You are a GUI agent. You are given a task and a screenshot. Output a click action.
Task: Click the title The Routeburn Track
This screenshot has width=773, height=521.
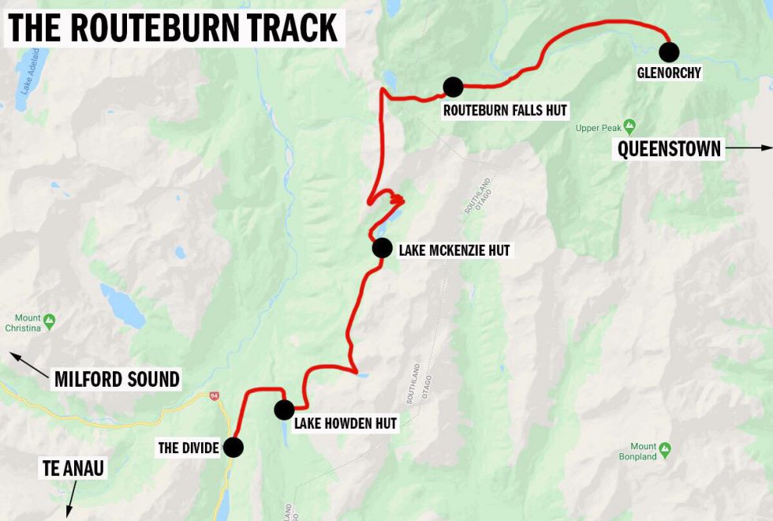click(173, 28)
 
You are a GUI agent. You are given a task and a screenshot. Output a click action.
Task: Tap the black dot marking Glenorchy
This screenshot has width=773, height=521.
click(669, 52)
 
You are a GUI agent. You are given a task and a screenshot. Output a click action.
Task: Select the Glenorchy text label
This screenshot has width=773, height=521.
click(669, 73)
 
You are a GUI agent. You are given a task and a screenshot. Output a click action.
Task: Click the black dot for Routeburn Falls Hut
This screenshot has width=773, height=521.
click(453, 87)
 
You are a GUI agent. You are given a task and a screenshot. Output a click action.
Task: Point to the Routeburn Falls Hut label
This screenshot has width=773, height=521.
click(505, 111)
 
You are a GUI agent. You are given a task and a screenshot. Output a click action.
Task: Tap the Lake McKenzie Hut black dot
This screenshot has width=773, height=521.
click(382, 248)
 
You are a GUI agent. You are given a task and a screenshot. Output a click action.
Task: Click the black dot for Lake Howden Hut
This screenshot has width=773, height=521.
click(284, 410)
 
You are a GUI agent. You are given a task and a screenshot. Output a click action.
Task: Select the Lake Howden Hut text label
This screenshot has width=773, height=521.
click(345, 424)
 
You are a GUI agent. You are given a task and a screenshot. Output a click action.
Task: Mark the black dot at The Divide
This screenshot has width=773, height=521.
click(233, 448)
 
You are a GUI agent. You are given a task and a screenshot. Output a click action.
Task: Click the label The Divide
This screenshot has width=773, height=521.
click(189, 448)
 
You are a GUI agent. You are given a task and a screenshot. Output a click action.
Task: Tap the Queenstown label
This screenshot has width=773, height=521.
click(670, 149)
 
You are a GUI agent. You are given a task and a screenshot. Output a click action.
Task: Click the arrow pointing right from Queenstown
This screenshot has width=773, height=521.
click(749, 148)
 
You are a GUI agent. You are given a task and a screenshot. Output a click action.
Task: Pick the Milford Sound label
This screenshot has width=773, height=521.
click(117, 379)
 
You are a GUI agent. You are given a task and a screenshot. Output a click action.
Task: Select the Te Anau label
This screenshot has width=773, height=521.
click(73, 468)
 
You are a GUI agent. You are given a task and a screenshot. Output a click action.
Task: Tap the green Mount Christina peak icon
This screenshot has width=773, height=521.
click(50, 320)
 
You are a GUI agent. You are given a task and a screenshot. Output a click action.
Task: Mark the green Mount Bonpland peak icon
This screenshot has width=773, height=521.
click(665, 448)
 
